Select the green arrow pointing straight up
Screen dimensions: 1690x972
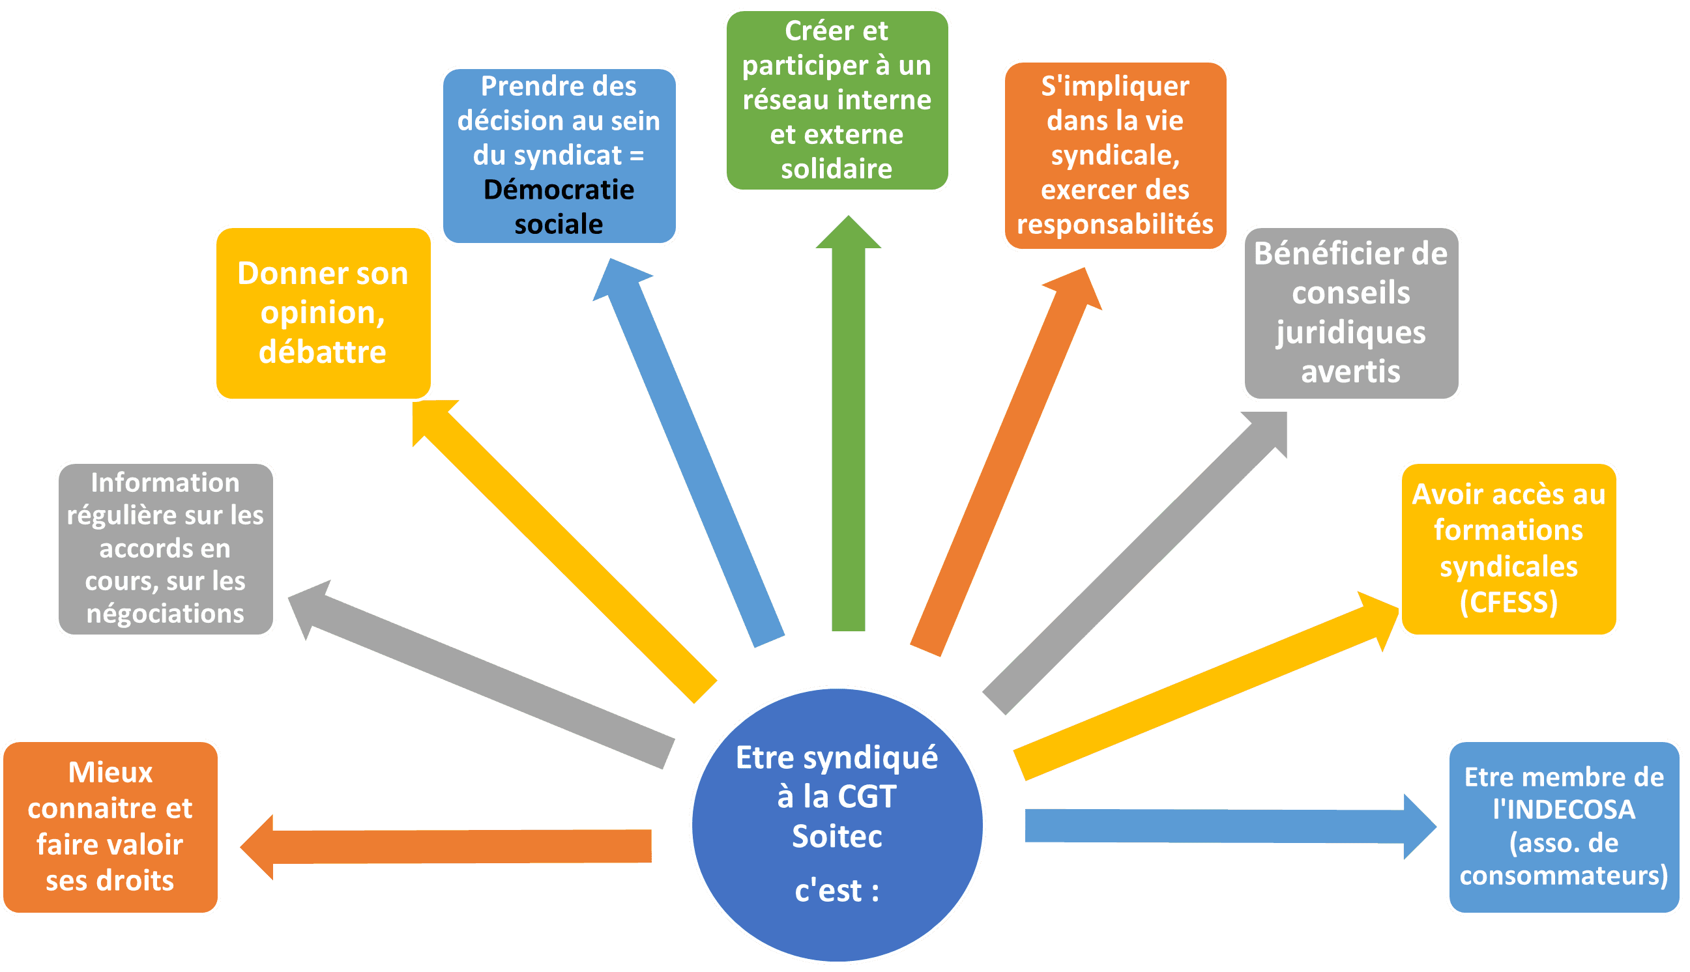tap(848, 423)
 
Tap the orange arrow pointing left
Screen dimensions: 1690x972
tap(445, 846)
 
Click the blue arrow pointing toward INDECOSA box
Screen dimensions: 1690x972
tap(1231, 827)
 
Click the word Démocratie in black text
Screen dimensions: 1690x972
tap(559, 190)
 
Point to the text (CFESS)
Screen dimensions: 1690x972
tap(1508, 602)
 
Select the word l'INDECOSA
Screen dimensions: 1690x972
tap(1564, 809)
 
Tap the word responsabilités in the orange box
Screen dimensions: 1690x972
tap(1115, 224)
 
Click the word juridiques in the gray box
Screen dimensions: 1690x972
tap(1351, 333)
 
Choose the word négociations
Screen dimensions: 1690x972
tap(165, 614)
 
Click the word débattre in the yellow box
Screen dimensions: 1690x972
tap(323, 352)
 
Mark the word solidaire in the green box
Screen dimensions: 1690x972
tap(837, 169)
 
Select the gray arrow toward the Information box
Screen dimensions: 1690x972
tap(481, 674)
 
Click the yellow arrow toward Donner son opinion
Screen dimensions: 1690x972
tap(564, 551)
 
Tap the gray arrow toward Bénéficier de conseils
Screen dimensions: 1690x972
tap(1135, 563)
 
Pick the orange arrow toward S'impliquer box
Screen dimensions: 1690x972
tap(1006, 462)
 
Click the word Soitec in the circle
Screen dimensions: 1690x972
tap(837, 836)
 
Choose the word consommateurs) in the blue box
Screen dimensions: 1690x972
tap(1564, 874)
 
